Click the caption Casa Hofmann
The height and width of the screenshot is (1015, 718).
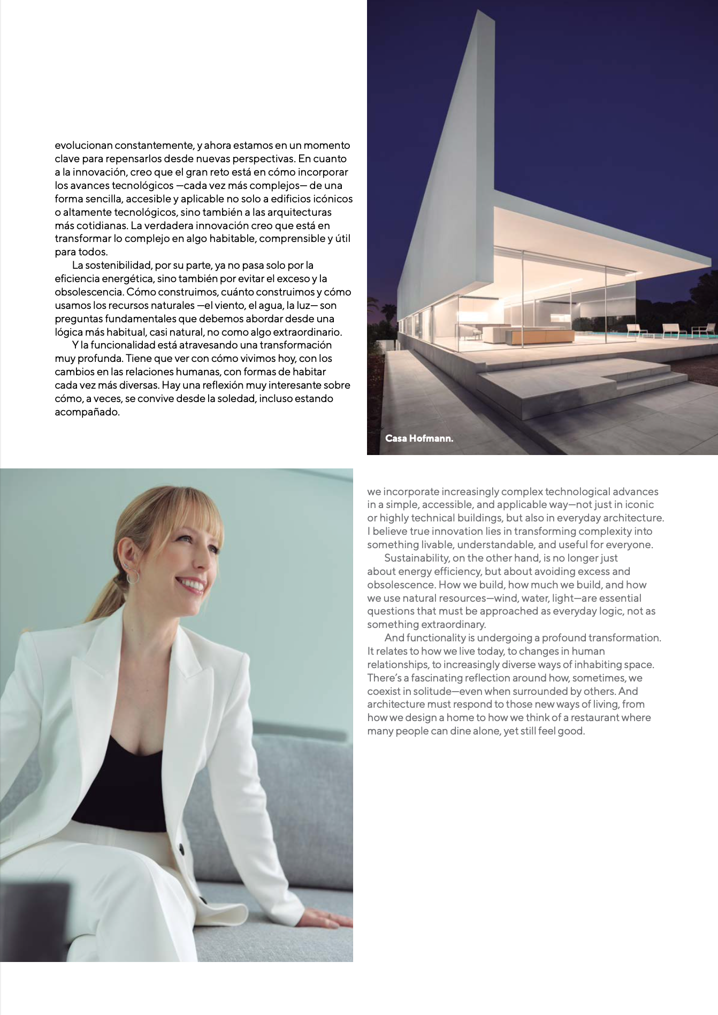(419, 438)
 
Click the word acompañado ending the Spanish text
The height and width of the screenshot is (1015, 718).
(87, 412)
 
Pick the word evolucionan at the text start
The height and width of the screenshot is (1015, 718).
(83, 146)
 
